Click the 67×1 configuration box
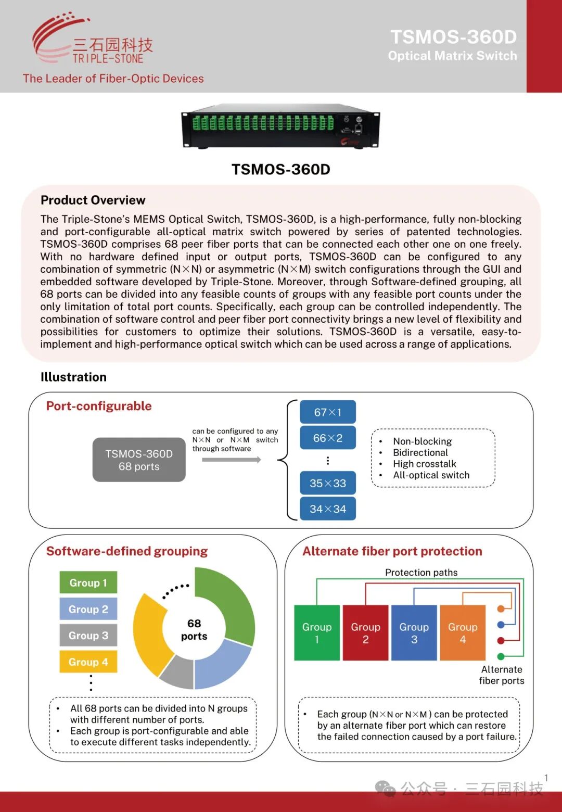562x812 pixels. click(328, 412)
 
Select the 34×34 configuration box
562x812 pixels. click(328, 509)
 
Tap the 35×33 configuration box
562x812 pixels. click(328, 483)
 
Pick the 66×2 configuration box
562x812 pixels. click(328, 438)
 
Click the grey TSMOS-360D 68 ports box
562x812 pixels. click(139, 460)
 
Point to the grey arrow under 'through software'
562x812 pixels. click(231, 460)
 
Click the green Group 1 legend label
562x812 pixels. click(88, 582)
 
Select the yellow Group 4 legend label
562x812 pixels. click(88, 662)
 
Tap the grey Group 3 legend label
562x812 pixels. click(88, 635)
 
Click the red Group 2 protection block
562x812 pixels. click(365, 632)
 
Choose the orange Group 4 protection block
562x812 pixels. click(463, 632)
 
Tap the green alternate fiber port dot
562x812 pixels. click(501, 656)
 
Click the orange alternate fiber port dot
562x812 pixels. click(501, 608)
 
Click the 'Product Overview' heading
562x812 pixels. click(93, 200)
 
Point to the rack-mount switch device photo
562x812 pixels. click(280, 128)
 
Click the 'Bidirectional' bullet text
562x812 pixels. click(420, 452)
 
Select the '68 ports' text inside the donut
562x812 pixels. click(194, 630)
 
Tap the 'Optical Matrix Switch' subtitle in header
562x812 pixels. click(452, 56)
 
